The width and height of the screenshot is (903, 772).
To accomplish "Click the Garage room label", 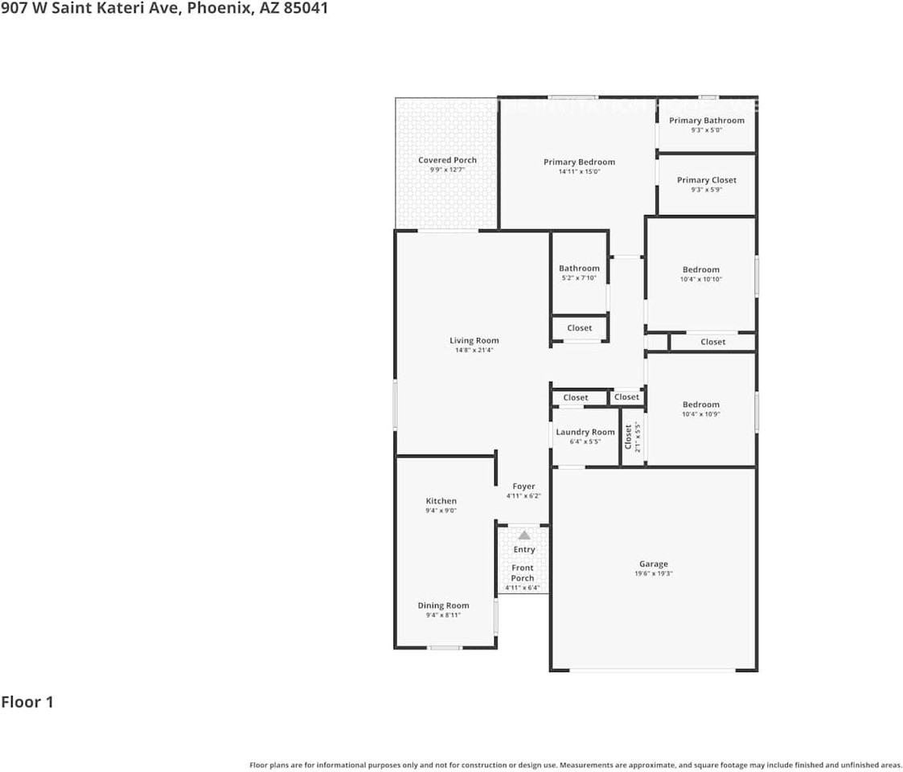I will point(653,564).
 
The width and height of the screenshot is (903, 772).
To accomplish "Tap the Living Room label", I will point(474,340).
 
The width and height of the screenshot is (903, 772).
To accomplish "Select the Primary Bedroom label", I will point(579,162).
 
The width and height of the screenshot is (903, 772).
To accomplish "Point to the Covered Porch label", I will point(447,160).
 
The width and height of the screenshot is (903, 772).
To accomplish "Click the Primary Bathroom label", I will point(707,121).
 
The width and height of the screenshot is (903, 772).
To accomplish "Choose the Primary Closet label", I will point(707,180).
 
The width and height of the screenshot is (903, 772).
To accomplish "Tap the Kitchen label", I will point(441,501).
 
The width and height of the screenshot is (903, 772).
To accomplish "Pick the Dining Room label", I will point(443,606).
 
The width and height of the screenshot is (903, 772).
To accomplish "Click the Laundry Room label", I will point(585,432).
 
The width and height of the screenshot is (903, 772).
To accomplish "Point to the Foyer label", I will point(523,487).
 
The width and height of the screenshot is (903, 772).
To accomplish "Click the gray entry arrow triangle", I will point(524,535).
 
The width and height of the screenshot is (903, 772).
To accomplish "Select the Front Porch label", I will point(523,573).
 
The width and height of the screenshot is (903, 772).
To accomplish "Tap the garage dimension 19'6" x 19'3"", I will point(653,574).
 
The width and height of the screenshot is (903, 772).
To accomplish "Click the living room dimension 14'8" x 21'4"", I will point(474,350).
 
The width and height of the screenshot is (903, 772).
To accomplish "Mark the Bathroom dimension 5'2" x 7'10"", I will point(579,278).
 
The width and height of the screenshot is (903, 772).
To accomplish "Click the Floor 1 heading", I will point(27,702).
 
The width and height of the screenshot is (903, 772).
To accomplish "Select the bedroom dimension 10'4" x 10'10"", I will point(701,279).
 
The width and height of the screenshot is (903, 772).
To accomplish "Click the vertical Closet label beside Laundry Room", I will point(628,437).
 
